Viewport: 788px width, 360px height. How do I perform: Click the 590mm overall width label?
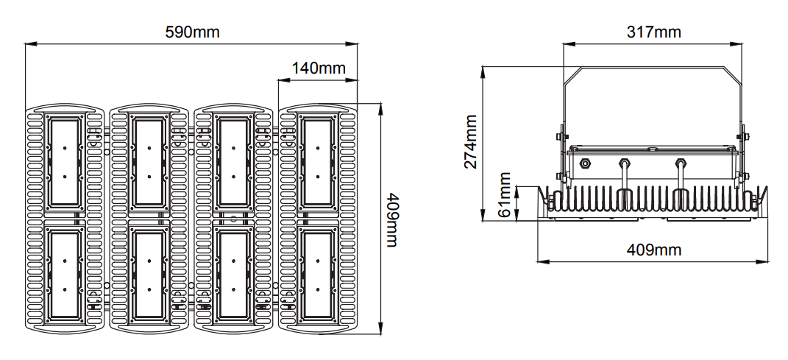tap(192, 32)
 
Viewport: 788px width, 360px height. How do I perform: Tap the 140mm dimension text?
tap(319, 68)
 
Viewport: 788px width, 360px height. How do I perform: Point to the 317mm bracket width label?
tap(653, 32)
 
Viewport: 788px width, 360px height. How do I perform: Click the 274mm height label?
tap(471, 141)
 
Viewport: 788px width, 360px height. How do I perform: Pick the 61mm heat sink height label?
tap(504, 195)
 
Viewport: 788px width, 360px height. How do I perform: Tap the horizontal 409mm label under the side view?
tap(653, 250)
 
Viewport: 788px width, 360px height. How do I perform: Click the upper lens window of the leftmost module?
tap(65, 162)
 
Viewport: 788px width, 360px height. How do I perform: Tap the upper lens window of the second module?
tap(149, 162)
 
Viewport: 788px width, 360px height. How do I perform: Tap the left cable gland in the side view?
tap(624, 164)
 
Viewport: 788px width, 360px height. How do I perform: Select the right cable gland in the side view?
tap(680, 164)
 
